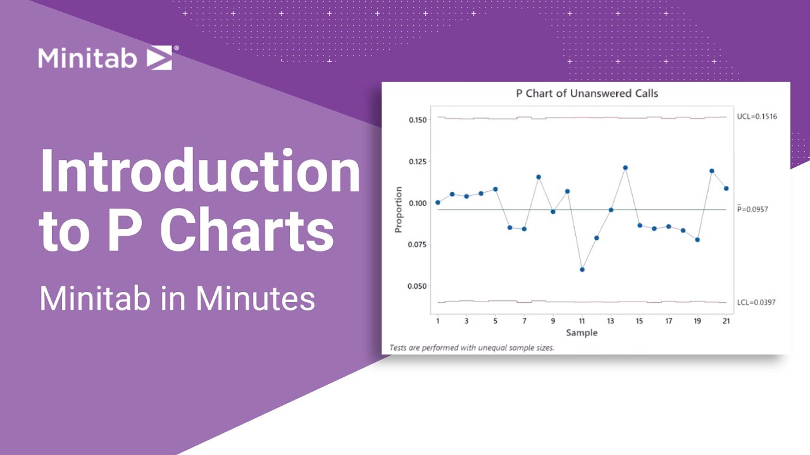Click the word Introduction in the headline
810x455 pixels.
(x=200, y=173)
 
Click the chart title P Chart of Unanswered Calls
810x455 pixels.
(x=587, y=94)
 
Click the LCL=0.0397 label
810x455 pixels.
(x=756, y=303)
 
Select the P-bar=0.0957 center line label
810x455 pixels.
(x=753, y=209)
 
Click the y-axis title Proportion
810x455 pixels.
(x=398, y=209)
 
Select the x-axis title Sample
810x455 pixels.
(x=582, y=332)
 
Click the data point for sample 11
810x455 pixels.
(x=582, y=270)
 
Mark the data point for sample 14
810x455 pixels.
(x=625, y=168)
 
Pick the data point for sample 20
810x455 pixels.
(x=712, y=171)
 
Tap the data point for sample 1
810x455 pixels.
(x=438, y=202)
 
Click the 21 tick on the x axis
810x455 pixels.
(x=726, y=321)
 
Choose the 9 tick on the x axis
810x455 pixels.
(x=553, y=321)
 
